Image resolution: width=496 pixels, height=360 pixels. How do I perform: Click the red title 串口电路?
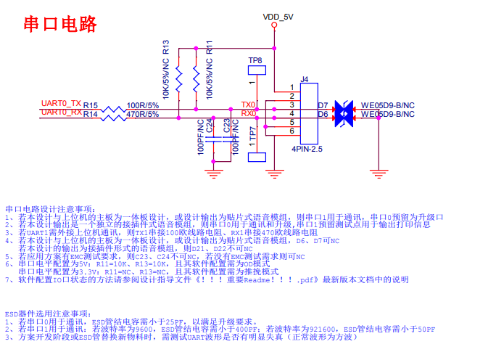pyautogui.click(x=60, y=24)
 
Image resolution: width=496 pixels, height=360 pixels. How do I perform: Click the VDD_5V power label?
pyautogui.click(x=278, y=16)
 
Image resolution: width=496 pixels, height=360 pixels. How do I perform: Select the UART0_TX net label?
pyautogui.click(x=62, y=103)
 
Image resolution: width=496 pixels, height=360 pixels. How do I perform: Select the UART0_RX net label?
pyautogui.click(x=62, y=112)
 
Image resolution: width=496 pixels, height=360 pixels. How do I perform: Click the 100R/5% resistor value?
pyautogui.click(x=143, y=105)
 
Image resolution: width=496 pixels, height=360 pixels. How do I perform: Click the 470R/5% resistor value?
pyautogui.click(x=143, y=115)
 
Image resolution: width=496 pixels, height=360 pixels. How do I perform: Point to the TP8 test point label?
pyautogui.click(x=255, y=60)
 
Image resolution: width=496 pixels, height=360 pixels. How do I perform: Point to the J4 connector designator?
pyautogui.click(x=305, y=79)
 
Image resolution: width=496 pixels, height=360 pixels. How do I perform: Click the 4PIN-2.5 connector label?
pyautogui.click(x=307, y=149)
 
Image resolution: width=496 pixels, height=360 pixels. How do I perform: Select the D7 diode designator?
pyautogui.click(x=323, y=105)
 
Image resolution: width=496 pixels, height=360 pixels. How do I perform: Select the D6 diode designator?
pyautogui.click(x=323, y=115)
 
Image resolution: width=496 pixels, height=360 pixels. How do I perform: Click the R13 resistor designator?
pyautogui.click(x=166, y=48)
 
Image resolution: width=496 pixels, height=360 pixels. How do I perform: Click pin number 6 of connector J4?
pyautogui.click(x=292, y=131)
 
